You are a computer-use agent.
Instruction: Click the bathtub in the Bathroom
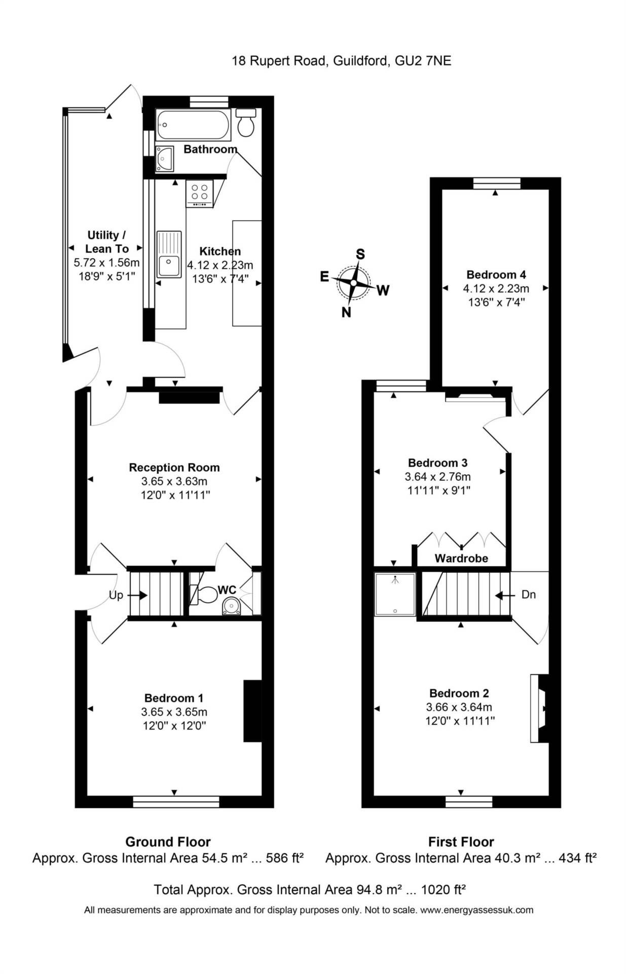pos(193,125)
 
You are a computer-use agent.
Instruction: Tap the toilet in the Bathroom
pos(246,122)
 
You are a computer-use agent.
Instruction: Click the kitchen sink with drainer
pos(169,254)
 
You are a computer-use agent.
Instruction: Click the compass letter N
pos(346,312)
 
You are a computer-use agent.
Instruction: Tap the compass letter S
pos(360,254)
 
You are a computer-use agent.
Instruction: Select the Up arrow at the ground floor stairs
pos(137,596)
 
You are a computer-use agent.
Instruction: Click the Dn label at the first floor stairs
pos(528,595)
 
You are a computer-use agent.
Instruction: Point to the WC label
pos(227,590)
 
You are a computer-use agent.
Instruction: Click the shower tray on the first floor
pos(395,594)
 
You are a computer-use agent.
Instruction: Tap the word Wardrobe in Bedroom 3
pos(461,559)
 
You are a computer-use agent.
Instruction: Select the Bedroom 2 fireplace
pos(539,708)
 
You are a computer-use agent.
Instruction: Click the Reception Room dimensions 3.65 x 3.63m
pos(174,481)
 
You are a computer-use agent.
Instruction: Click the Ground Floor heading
pos(168,842)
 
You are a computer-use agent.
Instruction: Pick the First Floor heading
pos(461,842)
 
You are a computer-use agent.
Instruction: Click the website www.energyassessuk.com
pos(476,910)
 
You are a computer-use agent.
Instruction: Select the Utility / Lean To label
pos(106,242)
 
